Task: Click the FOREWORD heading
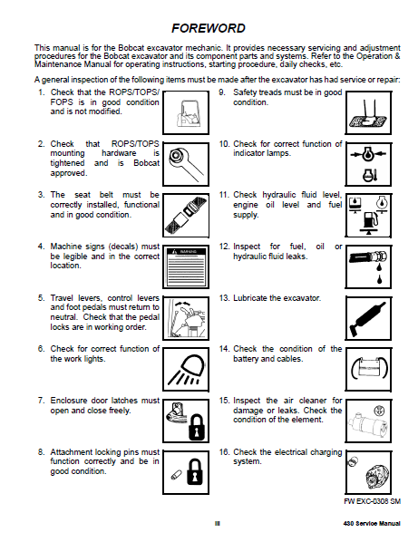point(209,28)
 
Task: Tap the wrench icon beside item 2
point(185,164)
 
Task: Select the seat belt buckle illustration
point(186,216)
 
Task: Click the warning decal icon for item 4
point(186,266)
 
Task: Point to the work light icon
point(187,370)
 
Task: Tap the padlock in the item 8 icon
point(195,472)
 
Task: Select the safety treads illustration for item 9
point(368,114)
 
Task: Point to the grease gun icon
point(367,318)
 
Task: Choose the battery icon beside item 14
point(369,369)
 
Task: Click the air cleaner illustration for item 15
point(367,422)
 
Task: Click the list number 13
point(224,298)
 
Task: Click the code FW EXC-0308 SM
point(373,501)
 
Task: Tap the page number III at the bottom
point(218,524)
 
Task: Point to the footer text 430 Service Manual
point(372,524)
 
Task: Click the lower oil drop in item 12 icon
point(380,278)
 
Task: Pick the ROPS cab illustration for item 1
point(187,113)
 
